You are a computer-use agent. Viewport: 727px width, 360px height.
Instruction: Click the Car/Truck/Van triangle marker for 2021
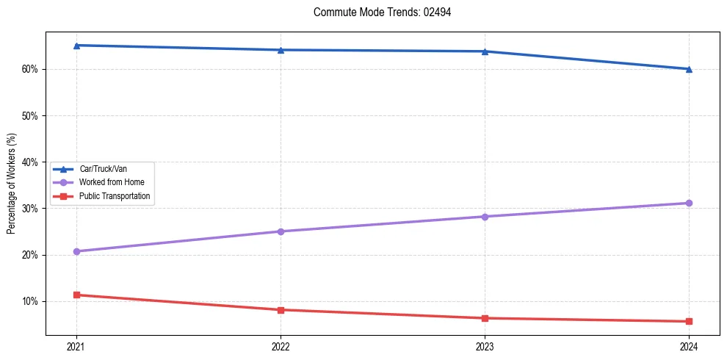(x=76, y=46)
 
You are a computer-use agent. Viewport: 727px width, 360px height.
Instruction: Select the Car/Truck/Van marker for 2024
(x=689, y=69)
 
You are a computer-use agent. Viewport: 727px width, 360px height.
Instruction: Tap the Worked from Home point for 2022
(x=281, y=231)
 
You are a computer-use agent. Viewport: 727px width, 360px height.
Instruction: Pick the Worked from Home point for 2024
(x=689, y=203)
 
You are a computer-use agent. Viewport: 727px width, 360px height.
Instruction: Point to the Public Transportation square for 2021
(x=76, y=295)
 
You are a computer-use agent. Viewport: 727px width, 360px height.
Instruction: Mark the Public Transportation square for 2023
(x=485, y=318)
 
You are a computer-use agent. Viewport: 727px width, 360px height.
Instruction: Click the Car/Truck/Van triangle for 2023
(x=485, y=51)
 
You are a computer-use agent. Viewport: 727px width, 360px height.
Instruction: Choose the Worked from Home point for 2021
(x=76, y=251)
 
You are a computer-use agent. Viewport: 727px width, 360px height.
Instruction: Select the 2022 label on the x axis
(x=281, y=346)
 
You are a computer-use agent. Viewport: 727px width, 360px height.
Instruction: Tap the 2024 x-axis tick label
(x=689, y=346)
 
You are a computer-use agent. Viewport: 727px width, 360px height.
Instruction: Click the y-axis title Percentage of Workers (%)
(x=12, y=184)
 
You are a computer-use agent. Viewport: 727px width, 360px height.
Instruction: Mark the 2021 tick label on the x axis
(x=76, y=346)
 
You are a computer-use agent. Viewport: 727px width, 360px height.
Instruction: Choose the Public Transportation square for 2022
(x=281, y=310)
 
